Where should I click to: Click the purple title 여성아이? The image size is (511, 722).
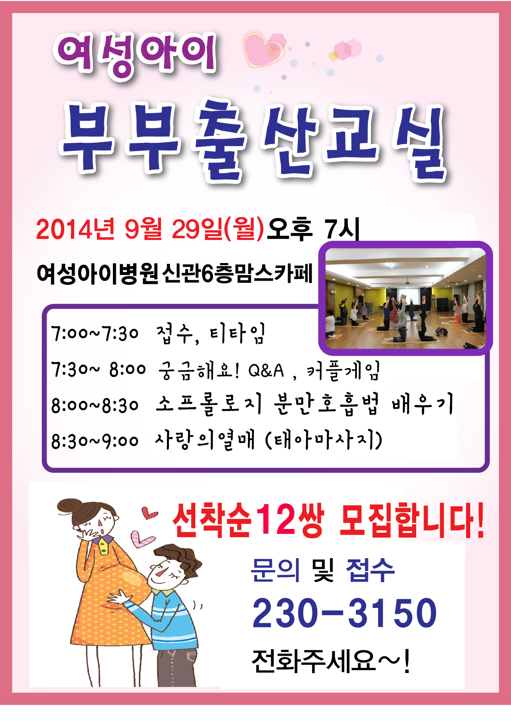(x=135, y=56)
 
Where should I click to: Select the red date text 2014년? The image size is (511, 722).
(x=75, y=229)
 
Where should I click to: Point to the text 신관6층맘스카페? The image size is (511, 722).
(x=238, y=273)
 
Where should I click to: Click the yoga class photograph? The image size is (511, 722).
(x=406, y=298)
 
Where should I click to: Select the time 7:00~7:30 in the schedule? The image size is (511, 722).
(x=95, y=333)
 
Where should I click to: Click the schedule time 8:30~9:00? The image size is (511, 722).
(x=95, y=441)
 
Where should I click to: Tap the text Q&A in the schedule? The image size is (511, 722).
(x=266, y=370)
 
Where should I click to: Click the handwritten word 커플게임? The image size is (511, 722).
(x=343, y=370)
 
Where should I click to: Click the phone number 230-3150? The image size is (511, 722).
(x=345, y=613)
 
